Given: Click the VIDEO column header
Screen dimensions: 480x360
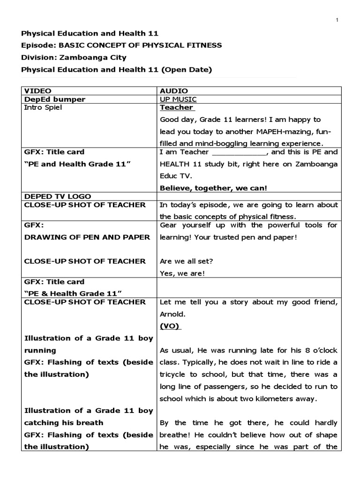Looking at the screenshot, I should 38,90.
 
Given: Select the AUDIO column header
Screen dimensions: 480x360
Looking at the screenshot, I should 173,90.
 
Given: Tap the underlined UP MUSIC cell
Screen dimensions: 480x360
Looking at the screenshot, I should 178,99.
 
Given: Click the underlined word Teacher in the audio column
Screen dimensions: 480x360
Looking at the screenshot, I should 176,108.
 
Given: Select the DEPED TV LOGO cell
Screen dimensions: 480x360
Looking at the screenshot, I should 58,196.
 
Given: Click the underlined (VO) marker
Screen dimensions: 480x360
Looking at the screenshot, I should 170,326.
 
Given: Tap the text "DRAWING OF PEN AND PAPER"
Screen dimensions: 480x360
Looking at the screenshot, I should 87,237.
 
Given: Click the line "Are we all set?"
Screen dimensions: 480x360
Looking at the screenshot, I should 183,261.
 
